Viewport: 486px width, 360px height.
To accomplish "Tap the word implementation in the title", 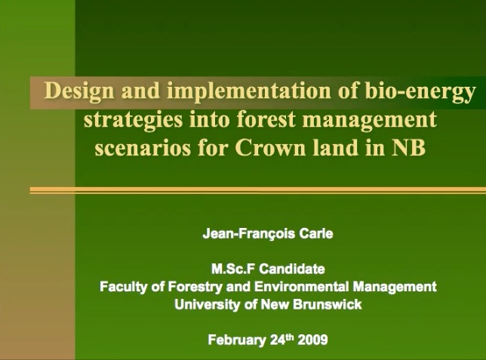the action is point(249,91).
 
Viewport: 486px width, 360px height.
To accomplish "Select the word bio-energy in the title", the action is point(420,92).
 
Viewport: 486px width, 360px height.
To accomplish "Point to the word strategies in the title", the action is point(134,120).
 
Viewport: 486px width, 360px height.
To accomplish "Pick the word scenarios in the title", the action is point(143,148).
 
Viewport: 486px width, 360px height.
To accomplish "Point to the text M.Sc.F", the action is point(233,269).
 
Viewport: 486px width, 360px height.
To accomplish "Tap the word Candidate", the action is point(292,269).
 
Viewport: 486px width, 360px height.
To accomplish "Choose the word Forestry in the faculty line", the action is point(195,287).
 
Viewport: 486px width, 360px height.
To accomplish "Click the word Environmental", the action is point(302,286).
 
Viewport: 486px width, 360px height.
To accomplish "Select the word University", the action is point(208,304).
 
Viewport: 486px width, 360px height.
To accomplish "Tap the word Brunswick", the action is point(327,304).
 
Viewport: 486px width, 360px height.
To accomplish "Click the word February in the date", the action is point(237,340).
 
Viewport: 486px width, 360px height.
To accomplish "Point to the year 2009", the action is point(312,340).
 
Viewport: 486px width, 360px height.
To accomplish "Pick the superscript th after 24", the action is point(289,337).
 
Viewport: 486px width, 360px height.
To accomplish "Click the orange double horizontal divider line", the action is point(258,190).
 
